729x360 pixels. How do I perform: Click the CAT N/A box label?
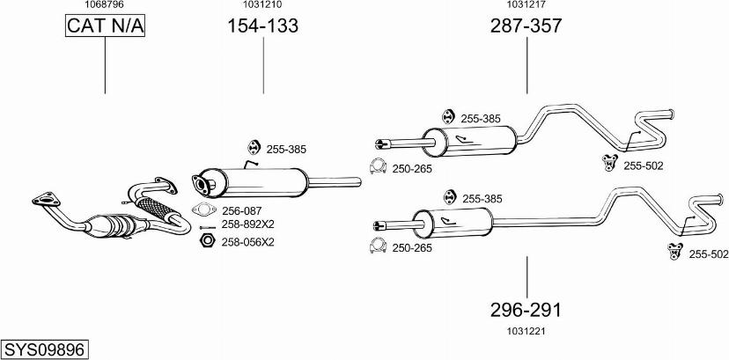tap(105, 26)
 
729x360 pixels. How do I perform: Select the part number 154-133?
tap(263, 26)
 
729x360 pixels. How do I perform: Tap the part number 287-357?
tap(526, 26)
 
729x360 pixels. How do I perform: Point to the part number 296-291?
tap(526, 310)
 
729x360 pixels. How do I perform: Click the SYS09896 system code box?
tap(45, 349)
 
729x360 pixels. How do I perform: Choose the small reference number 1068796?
tap(104, 5)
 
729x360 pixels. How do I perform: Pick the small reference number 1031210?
tap(262, 5)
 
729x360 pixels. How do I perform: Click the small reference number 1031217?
tap(526, 5)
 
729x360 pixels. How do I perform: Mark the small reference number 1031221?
tap(526, 331)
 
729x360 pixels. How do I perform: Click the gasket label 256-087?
tap(241, 210)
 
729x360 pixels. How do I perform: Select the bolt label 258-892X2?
tap(248, 224)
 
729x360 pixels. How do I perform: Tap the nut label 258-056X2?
tap(248, 241)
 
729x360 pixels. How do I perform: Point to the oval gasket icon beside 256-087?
tap(204, 210)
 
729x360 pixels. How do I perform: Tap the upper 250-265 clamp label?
tap(412, 168)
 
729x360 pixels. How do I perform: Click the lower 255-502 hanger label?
tap(708, 254)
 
